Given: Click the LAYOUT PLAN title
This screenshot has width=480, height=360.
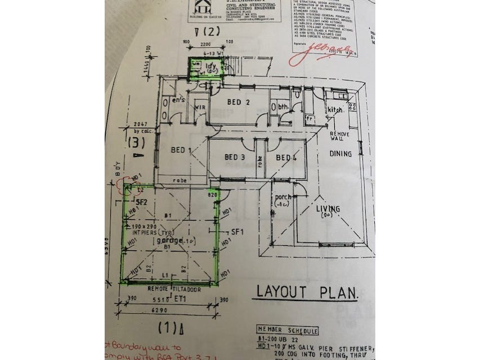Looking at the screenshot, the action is (307, 292).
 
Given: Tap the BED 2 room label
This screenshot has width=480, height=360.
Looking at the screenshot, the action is (238, 102).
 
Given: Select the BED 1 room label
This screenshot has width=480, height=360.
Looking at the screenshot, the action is (182, 150).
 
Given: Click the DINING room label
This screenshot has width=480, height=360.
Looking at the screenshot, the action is (341, 154).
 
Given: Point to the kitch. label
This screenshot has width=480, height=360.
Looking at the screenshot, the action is (336, 109).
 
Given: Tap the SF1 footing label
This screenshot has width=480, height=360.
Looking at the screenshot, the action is (237, 232).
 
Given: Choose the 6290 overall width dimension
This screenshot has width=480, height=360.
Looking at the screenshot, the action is (167, 308).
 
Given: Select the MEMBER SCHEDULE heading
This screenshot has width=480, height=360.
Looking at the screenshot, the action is (287, 330).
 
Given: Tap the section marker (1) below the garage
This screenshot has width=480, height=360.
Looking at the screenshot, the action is (167, 325).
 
